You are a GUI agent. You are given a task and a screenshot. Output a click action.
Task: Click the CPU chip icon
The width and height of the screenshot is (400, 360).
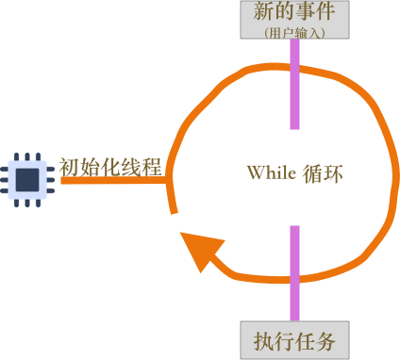point(29,177)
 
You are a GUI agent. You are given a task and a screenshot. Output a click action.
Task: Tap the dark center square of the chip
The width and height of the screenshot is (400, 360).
point(29,177)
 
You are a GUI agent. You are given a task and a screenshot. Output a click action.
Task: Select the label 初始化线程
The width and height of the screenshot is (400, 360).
point(110,167)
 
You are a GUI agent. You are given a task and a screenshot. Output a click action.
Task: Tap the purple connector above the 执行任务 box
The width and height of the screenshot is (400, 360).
point(295,273)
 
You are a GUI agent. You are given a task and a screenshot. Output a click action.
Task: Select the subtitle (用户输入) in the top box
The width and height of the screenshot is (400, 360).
point(295,31)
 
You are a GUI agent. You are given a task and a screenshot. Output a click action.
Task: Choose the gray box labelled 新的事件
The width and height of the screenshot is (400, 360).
point(295,20)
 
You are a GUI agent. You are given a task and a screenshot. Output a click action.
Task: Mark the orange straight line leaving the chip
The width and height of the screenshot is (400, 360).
point(113,180)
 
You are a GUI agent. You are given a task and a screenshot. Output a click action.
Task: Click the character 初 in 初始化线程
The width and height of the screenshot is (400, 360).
point(69,167)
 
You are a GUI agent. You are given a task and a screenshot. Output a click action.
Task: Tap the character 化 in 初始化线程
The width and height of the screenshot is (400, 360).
point(110,167)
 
